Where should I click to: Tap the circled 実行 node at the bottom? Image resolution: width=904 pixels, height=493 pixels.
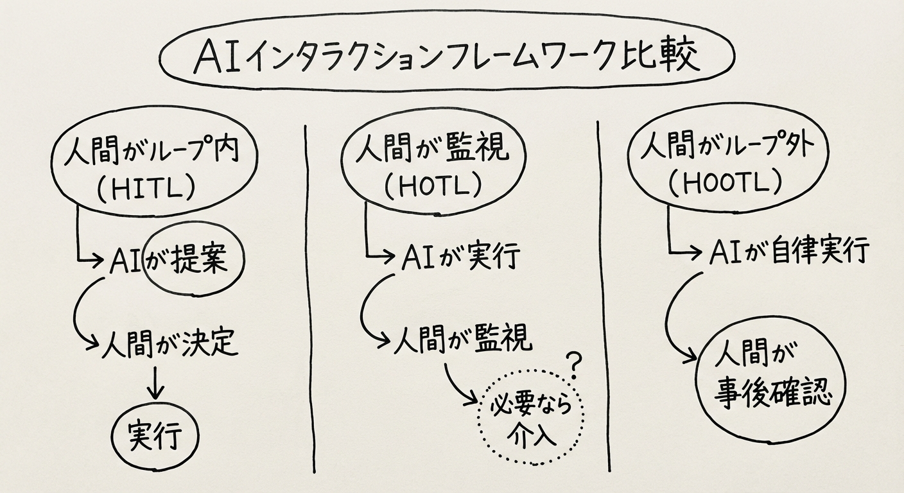(x=155, y=437)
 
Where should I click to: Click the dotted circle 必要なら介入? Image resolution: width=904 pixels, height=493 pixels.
(x=531, y=420)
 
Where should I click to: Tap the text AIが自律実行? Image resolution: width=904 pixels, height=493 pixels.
(x=790, y=250)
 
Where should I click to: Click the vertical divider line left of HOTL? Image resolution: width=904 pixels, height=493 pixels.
(x=311, y=295)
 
